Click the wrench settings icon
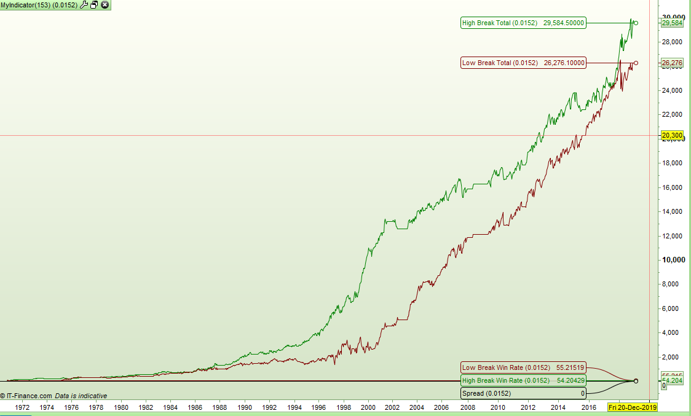[x=84, y=5]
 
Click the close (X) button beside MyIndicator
[x=105, y=5]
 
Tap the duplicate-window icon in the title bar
[x=94, y=5]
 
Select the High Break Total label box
[x=523, y=23]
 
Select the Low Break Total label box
[x=523, y=63]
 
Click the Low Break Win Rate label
[x=523, y=367]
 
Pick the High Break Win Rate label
[x=523, y=380]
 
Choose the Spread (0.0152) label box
[x=523, y=393]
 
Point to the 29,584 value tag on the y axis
[x=672, y=23]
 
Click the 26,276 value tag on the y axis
[x=672, y=63]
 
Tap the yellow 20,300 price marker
[x=672, y=135]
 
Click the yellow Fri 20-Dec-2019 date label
[x=633, y=407]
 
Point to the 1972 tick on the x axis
[x=22, y=407]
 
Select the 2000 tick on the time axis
[x=368, y=407]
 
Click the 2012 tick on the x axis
[x=527, y=407]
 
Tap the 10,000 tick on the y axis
[x=673, y=260]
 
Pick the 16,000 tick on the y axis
[x=673, y=187]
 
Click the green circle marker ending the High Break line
[x=636, y=23]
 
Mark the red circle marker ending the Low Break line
[x=636, y=63]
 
